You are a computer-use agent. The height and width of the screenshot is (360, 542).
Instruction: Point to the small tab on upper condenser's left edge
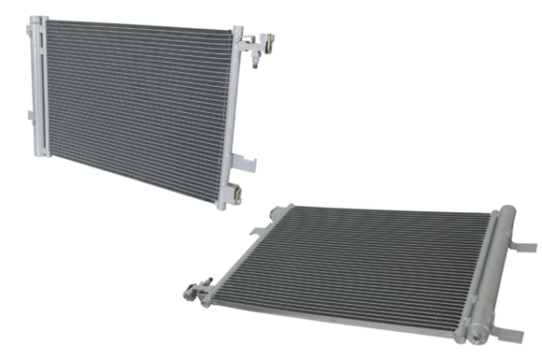coord(30,115)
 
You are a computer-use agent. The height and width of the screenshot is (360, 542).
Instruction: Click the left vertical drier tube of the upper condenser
coord(36,89)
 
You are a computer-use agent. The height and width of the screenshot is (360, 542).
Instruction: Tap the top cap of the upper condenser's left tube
coord(35,21)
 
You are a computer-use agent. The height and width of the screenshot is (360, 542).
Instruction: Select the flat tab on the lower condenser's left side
coord(257,230)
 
